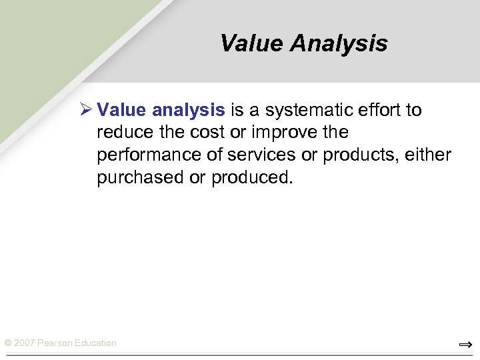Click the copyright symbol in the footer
pyautogui.click(x=8, y=343)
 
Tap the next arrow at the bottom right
pyautogui.click(x=465, y=345)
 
